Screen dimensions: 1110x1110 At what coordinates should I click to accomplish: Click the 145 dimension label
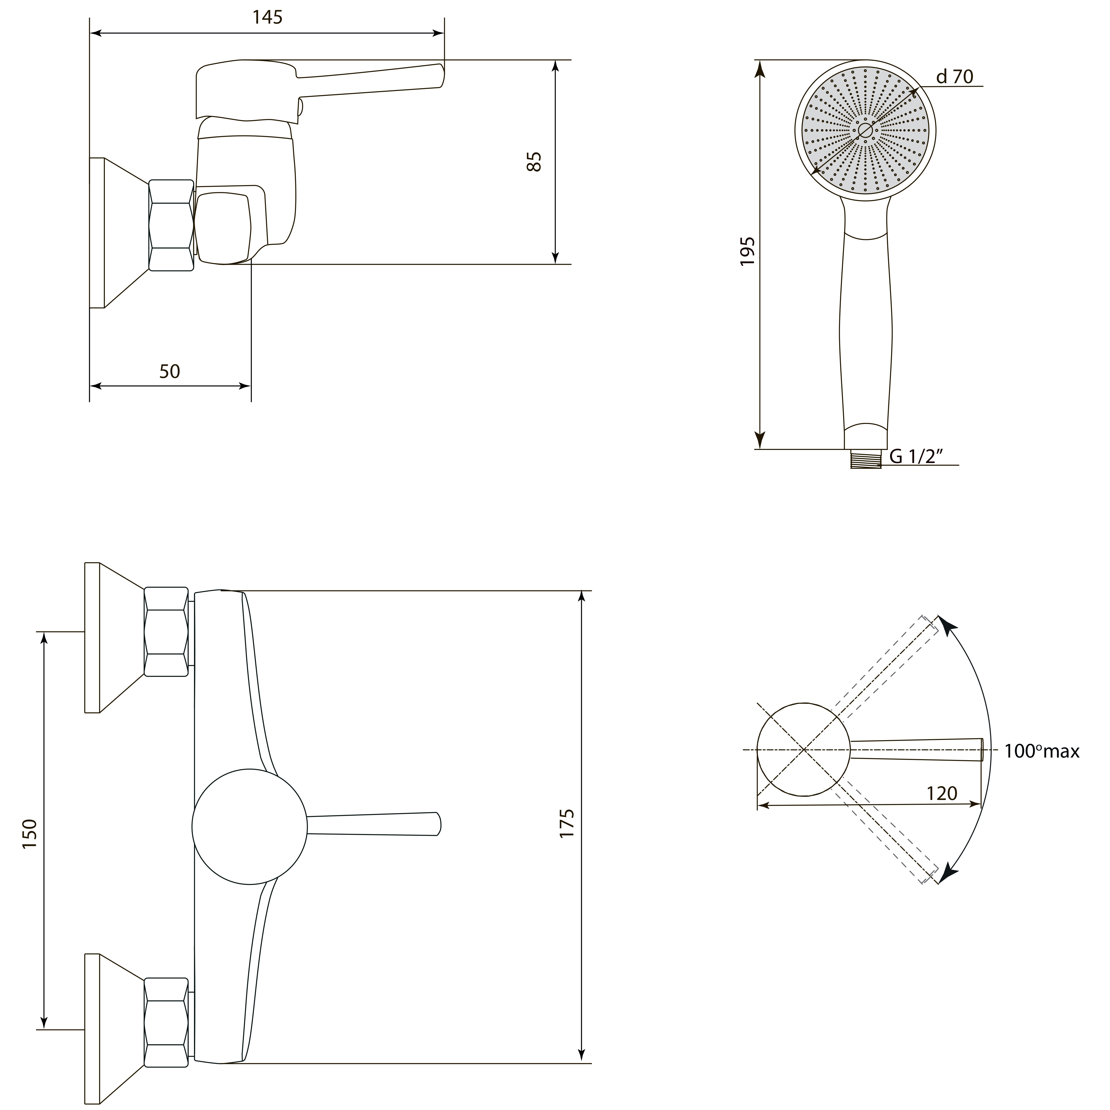point(268,18)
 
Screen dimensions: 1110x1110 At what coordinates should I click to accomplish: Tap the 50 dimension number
point(169,372)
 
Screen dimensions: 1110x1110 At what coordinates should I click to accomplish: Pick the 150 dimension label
point(30,834)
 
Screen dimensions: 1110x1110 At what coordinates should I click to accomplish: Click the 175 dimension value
point(567,823)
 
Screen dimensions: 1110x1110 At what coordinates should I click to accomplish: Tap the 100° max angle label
point(1042,752)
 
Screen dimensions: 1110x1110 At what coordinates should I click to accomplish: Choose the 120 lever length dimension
point(942,794)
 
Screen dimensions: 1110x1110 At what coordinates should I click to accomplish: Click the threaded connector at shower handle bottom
point(866,460)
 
